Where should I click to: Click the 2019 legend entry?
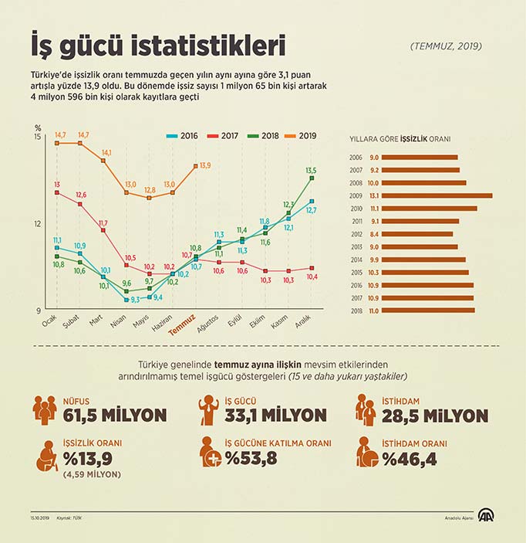point(302,136)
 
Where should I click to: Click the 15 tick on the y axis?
point(38,137)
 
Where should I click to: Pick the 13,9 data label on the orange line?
point(205,165)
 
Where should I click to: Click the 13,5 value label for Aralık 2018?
point(311,170)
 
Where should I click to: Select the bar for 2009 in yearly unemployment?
point(437,195)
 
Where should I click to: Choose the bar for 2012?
point(417,234)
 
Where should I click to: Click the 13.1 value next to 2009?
point(373,195)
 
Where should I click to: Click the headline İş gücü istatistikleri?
point(157,45)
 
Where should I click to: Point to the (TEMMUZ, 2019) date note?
point(446,46)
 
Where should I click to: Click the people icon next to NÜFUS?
point(46,409)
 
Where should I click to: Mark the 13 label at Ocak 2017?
point(57,184)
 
